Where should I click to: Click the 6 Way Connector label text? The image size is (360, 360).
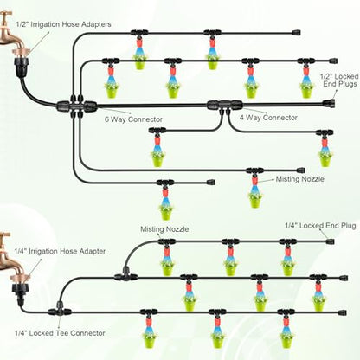(133, 119)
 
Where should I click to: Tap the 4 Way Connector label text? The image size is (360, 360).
(268, 118)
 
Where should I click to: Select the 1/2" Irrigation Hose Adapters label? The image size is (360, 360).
(63, 24)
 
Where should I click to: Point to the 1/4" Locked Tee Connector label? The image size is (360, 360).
(60, 333)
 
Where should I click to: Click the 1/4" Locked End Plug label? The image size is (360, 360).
(320, 226)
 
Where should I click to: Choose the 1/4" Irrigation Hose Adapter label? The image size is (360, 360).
(60, 251)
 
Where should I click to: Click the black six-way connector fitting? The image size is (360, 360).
(76, 106)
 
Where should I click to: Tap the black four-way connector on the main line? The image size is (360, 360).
(225, 106)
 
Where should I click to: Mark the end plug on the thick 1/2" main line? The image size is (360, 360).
(329, 103)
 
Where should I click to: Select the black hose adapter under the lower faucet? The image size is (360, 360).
(19, 292)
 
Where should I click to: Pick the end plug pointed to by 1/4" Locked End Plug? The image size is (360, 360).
(331, 241)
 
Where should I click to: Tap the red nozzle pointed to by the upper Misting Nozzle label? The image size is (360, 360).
(254, 180)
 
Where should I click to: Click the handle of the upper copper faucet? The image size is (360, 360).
(6, 13)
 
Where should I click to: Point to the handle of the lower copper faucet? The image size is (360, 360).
(5, 235)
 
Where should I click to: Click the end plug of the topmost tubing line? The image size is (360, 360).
(296, 32)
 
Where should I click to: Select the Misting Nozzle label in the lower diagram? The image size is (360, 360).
(164, 229)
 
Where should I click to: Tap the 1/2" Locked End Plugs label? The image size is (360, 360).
(339, 80)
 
